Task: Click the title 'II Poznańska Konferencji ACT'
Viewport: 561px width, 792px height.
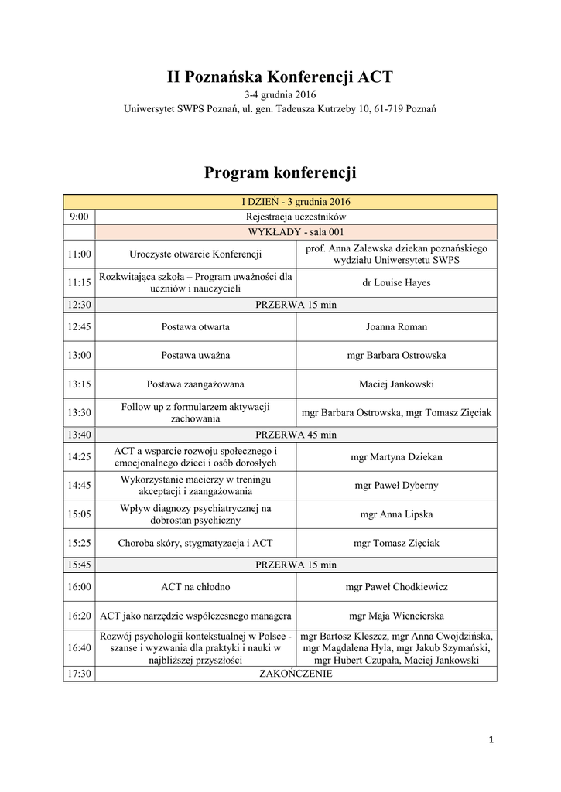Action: click(280, 77)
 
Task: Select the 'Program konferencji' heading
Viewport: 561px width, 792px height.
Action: click(280, 172)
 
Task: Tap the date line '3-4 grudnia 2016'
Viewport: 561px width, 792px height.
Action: click(280, 95)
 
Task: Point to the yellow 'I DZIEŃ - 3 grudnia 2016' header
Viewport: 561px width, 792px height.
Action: click(280, 202)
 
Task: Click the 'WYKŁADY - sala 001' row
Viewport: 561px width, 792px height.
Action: click(296, 231)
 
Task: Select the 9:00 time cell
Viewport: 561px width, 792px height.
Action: click(79, 217)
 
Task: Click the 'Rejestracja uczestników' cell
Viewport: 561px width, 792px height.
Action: click(296, 217)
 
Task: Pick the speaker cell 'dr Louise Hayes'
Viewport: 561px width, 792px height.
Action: click(396, 282)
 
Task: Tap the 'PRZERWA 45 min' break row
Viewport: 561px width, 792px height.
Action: click(296, 434)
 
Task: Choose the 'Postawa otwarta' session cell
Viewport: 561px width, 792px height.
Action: click(195, 326)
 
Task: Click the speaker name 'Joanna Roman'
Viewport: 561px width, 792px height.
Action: click(396, 326)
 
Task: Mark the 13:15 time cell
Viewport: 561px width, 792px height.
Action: click(79, 384)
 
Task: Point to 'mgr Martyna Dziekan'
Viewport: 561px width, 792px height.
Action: click(396, 456)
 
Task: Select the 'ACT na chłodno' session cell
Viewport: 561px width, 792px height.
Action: click(195, 587)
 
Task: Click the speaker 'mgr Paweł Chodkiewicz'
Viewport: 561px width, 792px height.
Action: click(396, 587)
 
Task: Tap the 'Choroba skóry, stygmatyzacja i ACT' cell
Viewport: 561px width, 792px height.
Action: click(195, 543)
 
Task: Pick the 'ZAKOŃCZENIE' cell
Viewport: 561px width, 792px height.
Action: click(296, 674)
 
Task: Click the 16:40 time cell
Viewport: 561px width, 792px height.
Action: click(79, 647)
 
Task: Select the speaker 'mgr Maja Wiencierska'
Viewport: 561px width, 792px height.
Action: click(396, 616)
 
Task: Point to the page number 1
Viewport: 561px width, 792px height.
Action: click(491, 740)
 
